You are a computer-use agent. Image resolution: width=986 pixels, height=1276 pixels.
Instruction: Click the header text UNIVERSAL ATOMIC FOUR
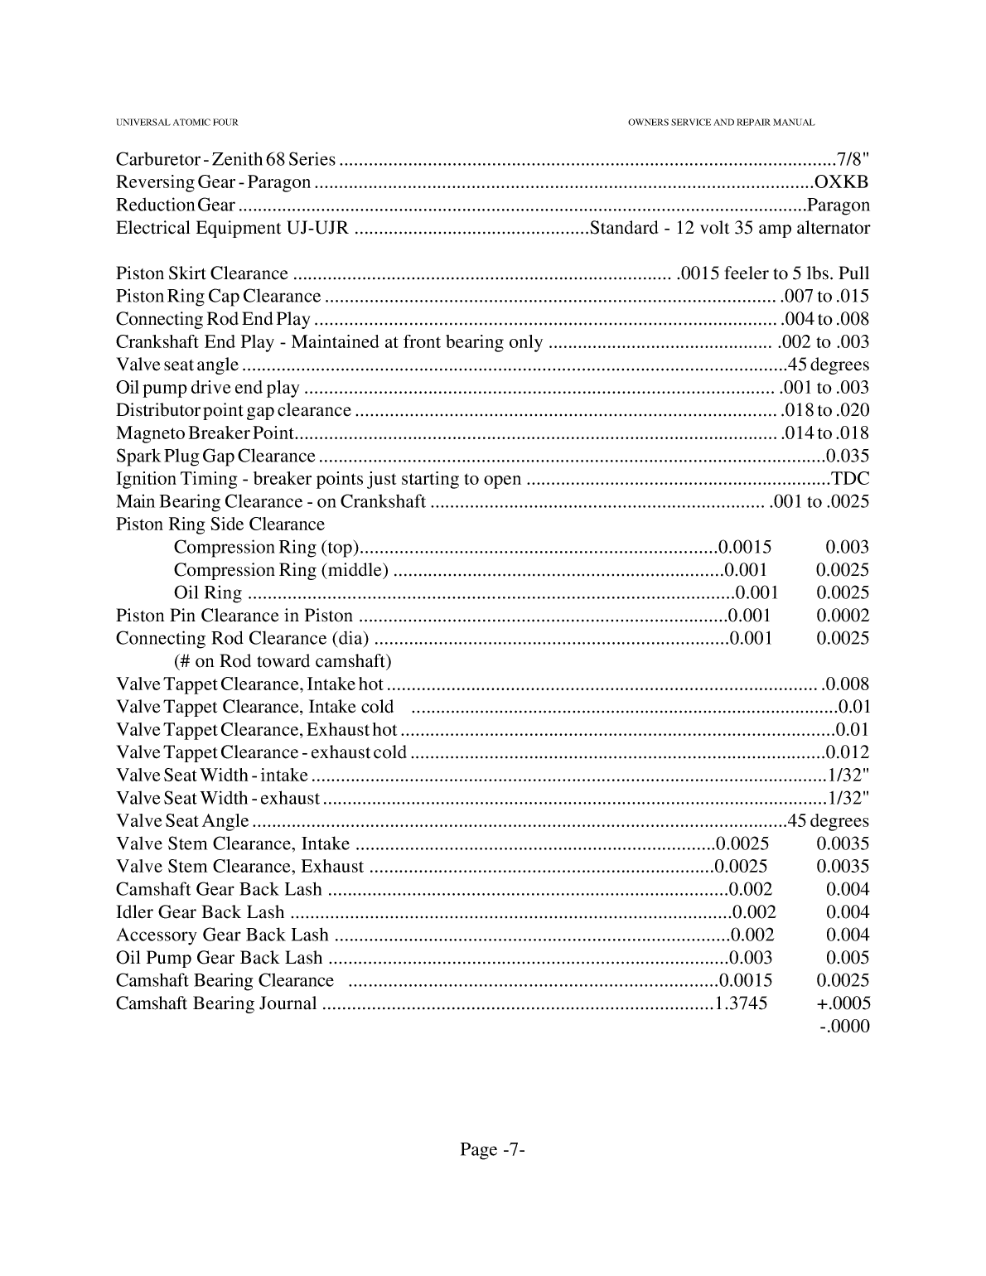[x=176, y=123]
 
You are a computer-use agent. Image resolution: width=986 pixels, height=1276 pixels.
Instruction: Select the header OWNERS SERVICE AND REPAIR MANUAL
[x=721, y=123]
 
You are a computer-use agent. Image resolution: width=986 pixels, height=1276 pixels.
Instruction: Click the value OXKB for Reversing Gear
[x=842, y=182]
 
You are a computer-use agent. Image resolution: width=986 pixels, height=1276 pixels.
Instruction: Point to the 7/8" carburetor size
[x=853, y=159]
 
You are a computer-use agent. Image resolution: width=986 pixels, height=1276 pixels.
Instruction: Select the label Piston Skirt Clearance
[x=202, y=273]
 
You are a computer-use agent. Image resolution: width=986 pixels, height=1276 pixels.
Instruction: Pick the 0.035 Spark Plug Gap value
[x=848, y=456]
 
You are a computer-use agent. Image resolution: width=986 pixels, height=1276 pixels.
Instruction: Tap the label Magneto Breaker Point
[x=205, y=433]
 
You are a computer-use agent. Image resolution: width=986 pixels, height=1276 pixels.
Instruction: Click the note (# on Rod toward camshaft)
[x=283, y=661]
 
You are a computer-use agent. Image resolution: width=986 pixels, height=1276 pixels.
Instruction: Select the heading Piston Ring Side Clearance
[x=220, y=524]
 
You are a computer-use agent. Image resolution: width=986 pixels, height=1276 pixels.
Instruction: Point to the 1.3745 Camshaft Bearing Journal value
[x=741, y=1003]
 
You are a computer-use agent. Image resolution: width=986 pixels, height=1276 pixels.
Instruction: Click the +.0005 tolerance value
[x=843, y=1003]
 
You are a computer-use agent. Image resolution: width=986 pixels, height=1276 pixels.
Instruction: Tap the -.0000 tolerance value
[x=844, y=1027]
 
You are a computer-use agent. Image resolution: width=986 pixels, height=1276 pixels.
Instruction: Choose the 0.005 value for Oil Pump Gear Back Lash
[x=848, y=958]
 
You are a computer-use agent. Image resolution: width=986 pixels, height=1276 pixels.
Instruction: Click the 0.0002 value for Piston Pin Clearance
[x=843, y=616]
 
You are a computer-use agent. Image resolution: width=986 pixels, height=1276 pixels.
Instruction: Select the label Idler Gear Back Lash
[x=200, y=912]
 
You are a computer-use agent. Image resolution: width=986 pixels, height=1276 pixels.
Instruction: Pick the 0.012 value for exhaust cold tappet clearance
[x=848, y=752]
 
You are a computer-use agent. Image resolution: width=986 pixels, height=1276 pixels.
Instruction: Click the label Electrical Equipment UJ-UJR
[x=232, y=228]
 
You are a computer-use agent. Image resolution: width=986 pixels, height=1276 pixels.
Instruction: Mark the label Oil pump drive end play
[x=208, y=388]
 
